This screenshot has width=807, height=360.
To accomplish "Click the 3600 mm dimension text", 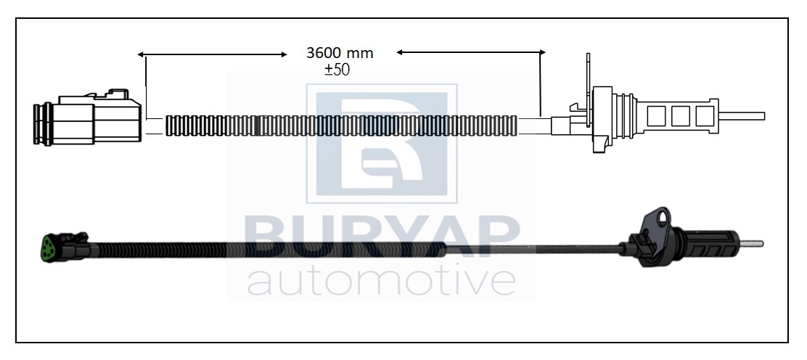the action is coord(340,53).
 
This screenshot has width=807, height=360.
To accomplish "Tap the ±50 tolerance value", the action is coord(337,70).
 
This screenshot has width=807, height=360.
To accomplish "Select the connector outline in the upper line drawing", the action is coord(88,117).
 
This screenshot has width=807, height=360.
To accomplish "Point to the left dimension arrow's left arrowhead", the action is coord(141,54).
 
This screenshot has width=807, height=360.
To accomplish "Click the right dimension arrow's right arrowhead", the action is coord(542,52).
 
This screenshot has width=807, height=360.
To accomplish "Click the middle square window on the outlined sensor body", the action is coord(681,116).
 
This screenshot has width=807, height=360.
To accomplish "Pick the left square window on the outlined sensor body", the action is coord(656,116).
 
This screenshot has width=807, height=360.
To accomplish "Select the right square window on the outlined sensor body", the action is coord(705,116).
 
